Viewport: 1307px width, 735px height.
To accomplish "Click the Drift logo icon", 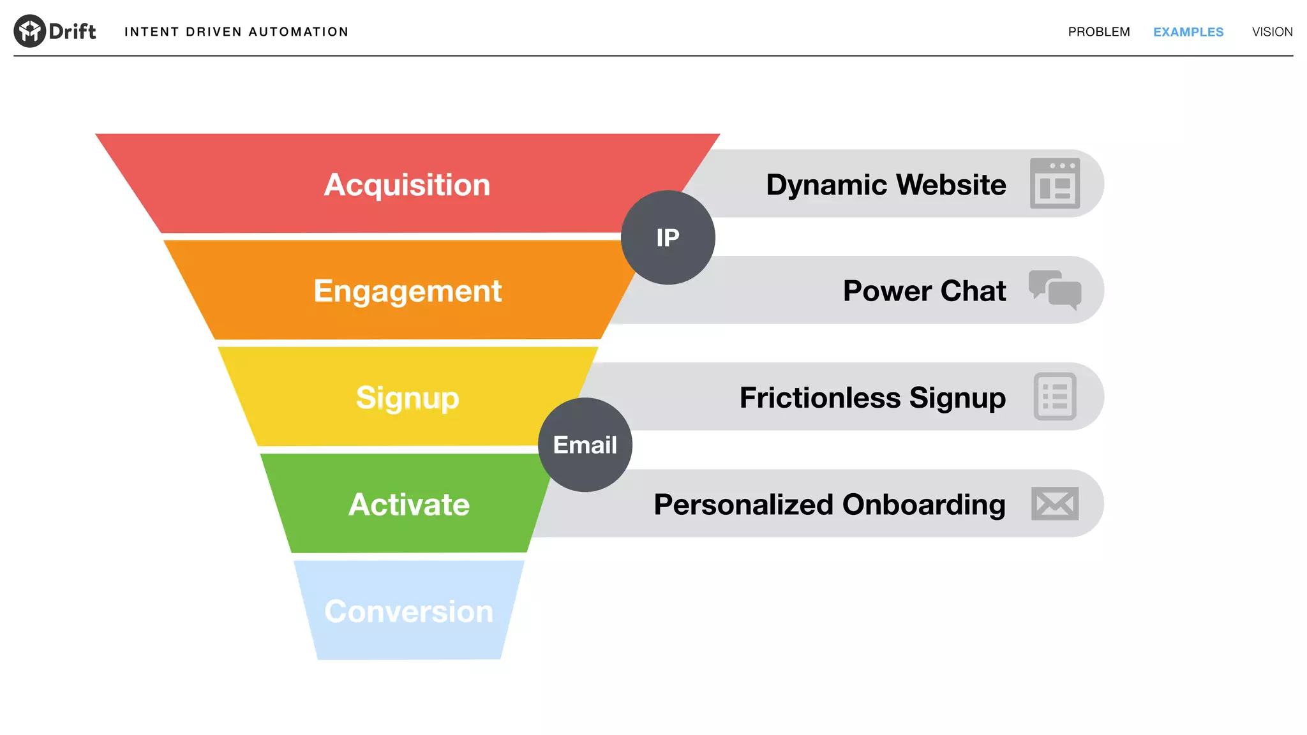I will pyautogui.click(x=29, y=31).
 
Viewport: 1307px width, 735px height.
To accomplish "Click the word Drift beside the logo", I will pyautogui.click(x=72, y=31).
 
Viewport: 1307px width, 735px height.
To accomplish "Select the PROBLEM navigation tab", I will pyautogui.click(x=1098, y=32).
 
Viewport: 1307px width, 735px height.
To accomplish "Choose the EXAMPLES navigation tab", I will pyautogui.click(x=1188, y=32).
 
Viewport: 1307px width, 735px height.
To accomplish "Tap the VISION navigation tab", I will pyautogui.click(x=1272, y=32).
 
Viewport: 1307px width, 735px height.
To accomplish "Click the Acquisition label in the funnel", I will pyautogui.click(x=407, y=185).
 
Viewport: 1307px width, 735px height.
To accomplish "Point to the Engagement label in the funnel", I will pyautogui.click(x=407, y=291).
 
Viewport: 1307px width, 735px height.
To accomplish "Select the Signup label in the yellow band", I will pyautogui.click(x=407, y=397).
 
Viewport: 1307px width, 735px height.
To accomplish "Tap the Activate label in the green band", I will pyautogui.click(x=409, y=505).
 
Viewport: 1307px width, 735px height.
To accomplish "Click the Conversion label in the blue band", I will pyautogui.click(x=408, y=611).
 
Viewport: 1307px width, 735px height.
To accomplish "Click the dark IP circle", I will pyautogui.click(x=668, y=237).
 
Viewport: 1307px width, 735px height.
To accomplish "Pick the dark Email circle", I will pyautogui.click(x=585, y=445).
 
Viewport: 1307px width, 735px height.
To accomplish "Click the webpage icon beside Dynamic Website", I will pyautogui.click(x=1054, y=184).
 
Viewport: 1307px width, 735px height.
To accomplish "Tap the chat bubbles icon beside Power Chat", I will pyautogui.click(x=1054, y=290).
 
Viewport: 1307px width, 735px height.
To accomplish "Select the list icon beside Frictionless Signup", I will pyautogui.click(x=1054, y=396).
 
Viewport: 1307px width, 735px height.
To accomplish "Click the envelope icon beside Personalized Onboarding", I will pyautogui.click(x=1054, y=503).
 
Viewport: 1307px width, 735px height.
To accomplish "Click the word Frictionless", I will pyautogui.click(x=820, y=397).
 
